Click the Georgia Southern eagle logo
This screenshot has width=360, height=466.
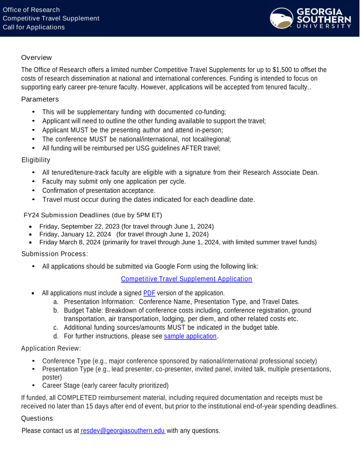pos(281,18)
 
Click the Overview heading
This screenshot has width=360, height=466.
pos(37,58)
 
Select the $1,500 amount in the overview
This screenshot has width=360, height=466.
pos(282,70)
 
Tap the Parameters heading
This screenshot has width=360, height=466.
pos(40,99)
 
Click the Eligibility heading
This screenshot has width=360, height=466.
pos(35,160)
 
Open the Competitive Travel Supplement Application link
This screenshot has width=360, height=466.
pos(186,279)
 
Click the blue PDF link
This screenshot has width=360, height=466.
pos(149,293)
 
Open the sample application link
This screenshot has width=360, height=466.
pos(190,336)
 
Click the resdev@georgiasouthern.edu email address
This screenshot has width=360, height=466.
pos(122,431)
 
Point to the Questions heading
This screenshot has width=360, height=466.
pos(38,418)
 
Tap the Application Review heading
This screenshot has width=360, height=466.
pos(51,348)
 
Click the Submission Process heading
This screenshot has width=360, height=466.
pos(54,254)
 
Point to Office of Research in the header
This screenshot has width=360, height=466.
pos(31,10)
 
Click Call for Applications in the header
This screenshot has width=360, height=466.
pos(34,27)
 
